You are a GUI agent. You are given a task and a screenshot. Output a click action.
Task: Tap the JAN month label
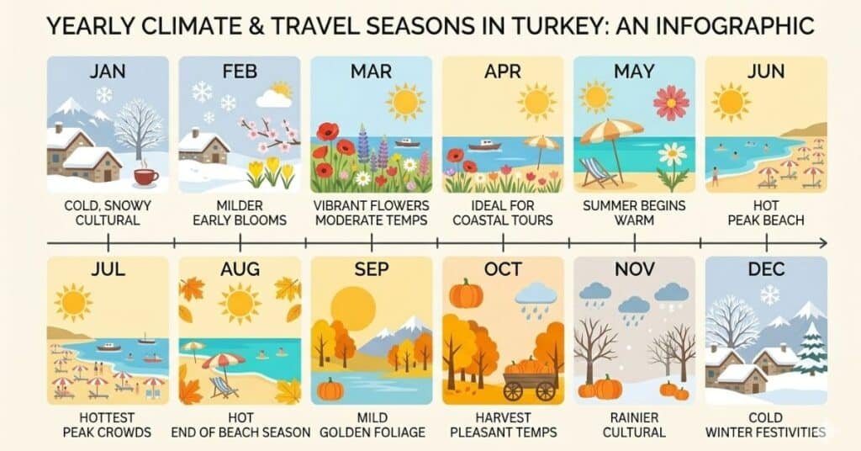click(x=108, y=71)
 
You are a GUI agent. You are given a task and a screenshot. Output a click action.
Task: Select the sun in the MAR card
click(x=405, y=102)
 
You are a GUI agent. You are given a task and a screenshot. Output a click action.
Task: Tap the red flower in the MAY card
click(x=671, y=103)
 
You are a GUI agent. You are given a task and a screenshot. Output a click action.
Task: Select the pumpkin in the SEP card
click(x=330, y=389)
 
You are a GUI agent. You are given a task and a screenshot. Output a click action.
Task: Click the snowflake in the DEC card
click(x=769, y=294)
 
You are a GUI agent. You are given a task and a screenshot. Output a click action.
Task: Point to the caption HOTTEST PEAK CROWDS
click(x=107, y=425)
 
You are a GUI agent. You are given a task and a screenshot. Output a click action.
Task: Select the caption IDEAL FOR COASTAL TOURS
click(x=503, y=213)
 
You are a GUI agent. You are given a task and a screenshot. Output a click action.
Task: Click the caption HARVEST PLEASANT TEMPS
click(x=503, y=425)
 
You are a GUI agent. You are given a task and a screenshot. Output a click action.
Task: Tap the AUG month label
click(x=240, y=270)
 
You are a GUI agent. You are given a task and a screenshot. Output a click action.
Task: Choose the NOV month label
click(x=635, y=270)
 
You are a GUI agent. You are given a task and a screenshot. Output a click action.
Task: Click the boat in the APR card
click(x=484, y=146)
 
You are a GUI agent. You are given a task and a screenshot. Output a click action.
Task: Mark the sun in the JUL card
click(x=74, y=302)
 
